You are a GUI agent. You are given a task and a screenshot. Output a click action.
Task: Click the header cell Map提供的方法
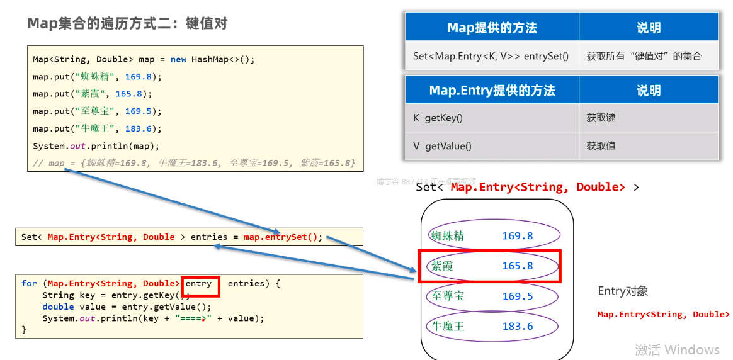point(492,28)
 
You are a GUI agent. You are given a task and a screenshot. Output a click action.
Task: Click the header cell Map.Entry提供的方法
point(492,91)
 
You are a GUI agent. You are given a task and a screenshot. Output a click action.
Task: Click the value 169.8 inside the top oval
point(518,236)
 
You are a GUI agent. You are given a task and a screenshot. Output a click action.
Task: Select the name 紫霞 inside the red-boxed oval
point(442,266)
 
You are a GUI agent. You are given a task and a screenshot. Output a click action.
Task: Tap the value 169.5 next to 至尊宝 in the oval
point(518,296)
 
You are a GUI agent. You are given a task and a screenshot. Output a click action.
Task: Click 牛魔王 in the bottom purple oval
point(448,326)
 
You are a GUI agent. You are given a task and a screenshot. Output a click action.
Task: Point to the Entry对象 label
point(623,291)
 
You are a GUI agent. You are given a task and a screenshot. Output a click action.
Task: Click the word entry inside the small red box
point(199,284)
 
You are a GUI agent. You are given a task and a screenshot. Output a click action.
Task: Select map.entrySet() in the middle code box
point(283,237)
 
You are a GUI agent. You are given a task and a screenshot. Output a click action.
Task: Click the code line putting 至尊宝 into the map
point(98,111)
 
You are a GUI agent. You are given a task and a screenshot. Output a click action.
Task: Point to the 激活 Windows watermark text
point(677,349)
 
